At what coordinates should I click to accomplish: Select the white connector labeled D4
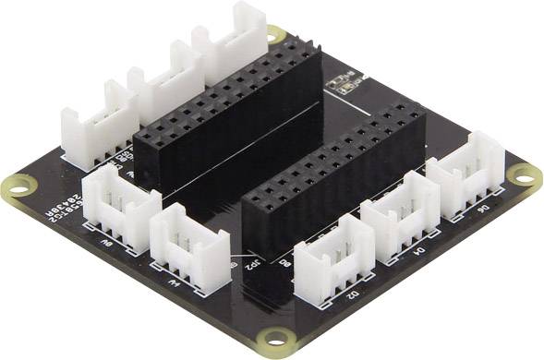[x=400, y=216]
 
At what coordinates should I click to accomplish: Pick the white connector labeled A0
[x=120, y=204]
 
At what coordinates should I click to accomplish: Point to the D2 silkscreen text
[x=352, y=296]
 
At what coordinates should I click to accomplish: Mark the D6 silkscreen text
[x=482, y=210]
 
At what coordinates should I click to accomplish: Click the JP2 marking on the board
[x=248, y=262]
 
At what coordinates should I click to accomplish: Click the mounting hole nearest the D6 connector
[x=525, y=176]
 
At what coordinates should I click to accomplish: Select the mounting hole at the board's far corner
[x=274, y=34]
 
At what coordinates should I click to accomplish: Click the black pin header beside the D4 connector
[x=332, y=180]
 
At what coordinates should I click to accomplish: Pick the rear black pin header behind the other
[x=226, y=111]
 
